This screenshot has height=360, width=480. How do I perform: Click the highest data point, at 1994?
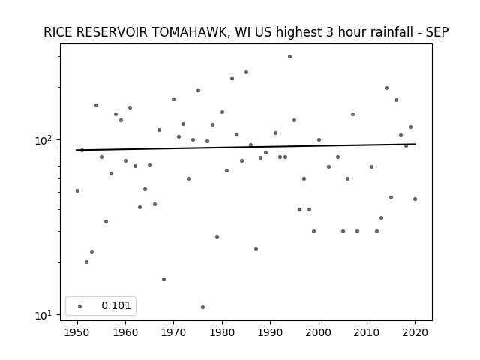[x=289, y=57]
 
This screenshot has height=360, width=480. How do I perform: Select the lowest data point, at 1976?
[x=202, y=307]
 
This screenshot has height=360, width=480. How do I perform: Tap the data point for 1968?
[x=163, y=279]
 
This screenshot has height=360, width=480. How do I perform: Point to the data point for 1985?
[x=246, y=72]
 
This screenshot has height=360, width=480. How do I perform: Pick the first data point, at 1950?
[x=77, y=190]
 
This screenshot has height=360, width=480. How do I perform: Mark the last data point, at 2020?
[x=415, y=199]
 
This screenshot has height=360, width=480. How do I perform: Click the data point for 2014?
[x=386, y=88]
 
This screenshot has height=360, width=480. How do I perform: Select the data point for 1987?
[x=256, y=248]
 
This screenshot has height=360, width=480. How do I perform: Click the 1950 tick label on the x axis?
[x=77, y=332]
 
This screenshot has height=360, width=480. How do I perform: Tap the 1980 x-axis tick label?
[x=222, y=332]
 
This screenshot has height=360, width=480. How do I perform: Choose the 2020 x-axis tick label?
[x=415, y=332]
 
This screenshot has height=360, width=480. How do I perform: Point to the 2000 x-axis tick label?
[x=319, y=332]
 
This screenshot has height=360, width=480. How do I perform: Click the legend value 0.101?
[x=116, y=305]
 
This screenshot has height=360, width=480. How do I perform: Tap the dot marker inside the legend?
[x=79, y=306]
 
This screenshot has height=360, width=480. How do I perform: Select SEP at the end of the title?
[x=437, y=32]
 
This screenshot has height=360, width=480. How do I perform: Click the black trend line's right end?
[x=415, y=144]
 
